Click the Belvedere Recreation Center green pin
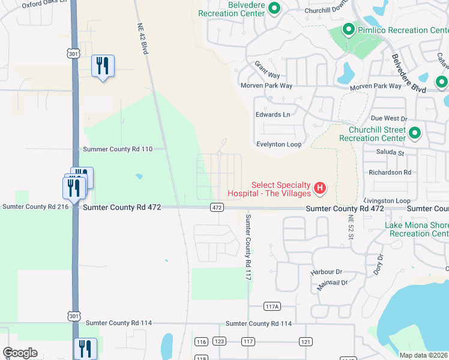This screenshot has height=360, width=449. tap(274, 8)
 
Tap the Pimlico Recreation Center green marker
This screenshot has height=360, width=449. tap(348, 29)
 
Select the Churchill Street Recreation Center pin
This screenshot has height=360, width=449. tap(414, 133)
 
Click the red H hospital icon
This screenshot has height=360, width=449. tap(321, 188)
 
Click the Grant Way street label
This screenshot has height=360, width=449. tap(267, 70)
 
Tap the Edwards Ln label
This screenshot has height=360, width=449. tap(273, 115)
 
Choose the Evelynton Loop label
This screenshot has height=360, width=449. tap(279, 145)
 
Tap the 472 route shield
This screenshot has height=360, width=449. tap(217, 208)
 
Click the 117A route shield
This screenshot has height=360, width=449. tap(272, 307)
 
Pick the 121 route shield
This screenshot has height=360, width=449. tap(306, 341)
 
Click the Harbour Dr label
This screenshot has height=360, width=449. tap(326, 272)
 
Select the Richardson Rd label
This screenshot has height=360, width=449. tap(390, 172)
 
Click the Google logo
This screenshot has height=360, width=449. tap(20, 353)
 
